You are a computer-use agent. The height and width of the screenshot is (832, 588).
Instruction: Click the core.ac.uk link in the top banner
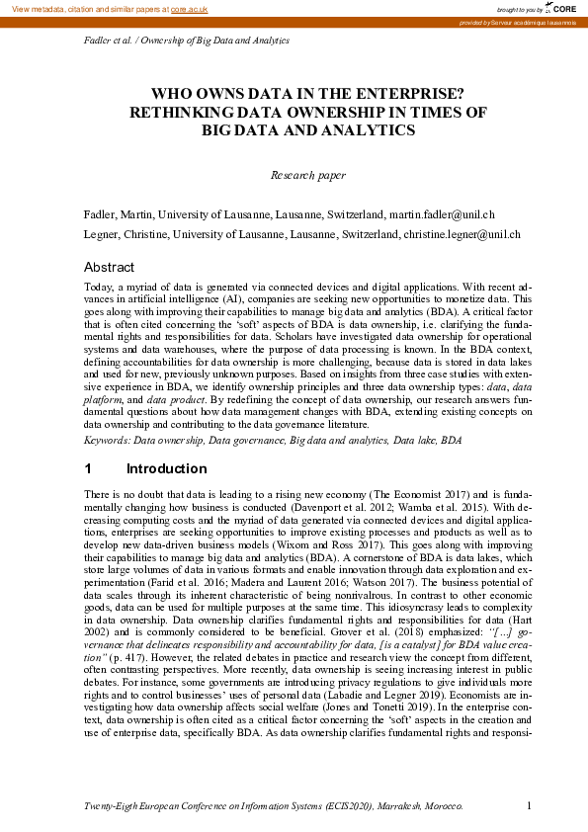coord(189,8)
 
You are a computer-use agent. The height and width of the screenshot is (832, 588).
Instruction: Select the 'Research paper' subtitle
coord(307,176)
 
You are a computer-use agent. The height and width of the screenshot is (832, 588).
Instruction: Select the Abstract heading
coord(109,268)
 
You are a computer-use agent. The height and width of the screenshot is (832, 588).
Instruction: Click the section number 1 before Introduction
coord(88,468)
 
